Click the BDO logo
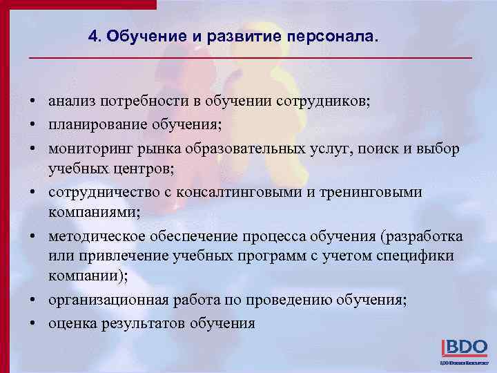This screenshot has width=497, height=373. point(464,347)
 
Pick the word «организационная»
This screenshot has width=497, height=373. point(101,300)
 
